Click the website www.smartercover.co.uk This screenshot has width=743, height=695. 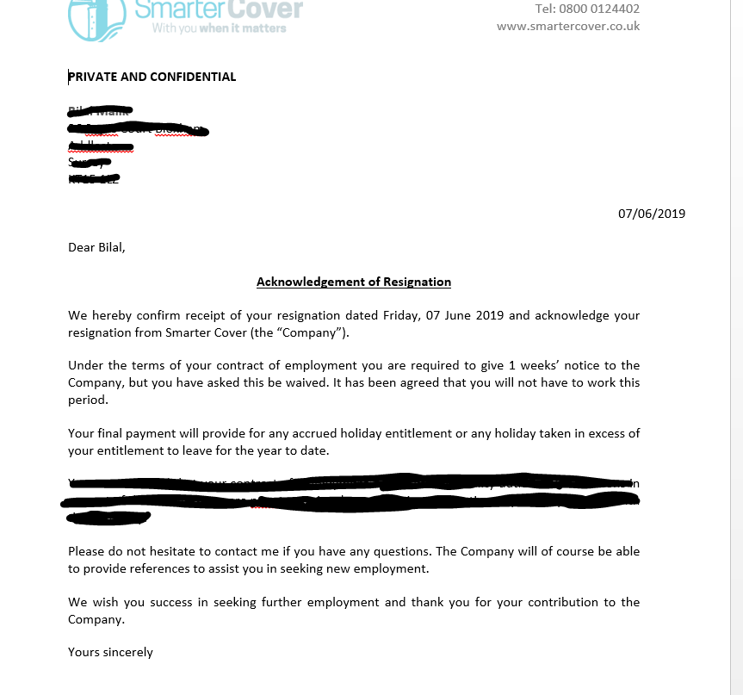tap(568, 26)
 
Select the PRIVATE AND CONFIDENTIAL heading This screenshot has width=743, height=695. tap(152, 77)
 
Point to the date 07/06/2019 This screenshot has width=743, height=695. tap(652, 214)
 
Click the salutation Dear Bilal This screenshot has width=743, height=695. tap(96, 247)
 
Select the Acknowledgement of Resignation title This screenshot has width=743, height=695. tap(354, 282)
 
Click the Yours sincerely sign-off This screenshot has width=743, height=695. tap(110, 652)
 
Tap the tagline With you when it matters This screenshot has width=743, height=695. tap(219, 28)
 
